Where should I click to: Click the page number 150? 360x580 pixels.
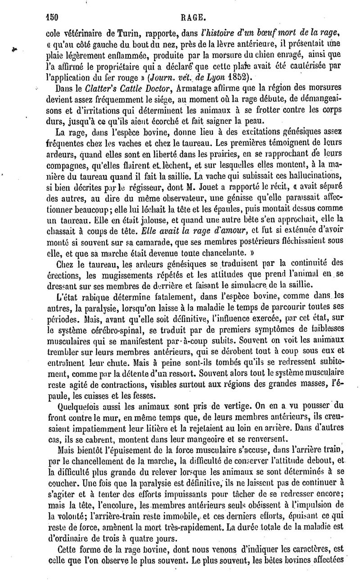[53, 6]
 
